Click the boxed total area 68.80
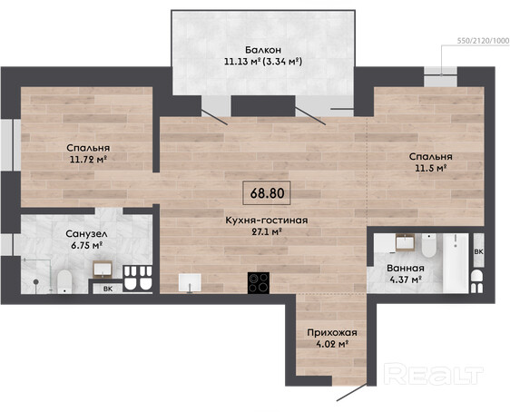[267, 192]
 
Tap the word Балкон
[263, 50]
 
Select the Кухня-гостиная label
[267, 221]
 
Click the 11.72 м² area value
[88, 160]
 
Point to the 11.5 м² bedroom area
[430, 168]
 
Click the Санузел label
[86, 234]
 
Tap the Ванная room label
[406, 269]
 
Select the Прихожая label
[332, 333]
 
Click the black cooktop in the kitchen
[259, 283]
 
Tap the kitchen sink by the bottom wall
[190, 282]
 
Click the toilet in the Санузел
[64, 281]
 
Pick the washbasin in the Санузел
[103, 269]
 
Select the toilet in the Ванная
[428, 245]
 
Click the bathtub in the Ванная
[456, 262]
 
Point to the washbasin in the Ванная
[405, 242]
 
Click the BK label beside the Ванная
[479, 251]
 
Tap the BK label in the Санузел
[108, 289]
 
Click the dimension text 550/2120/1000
[484, 41]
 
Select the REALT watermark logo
[433, 374]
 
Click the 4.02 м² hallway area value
[332, 344]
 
